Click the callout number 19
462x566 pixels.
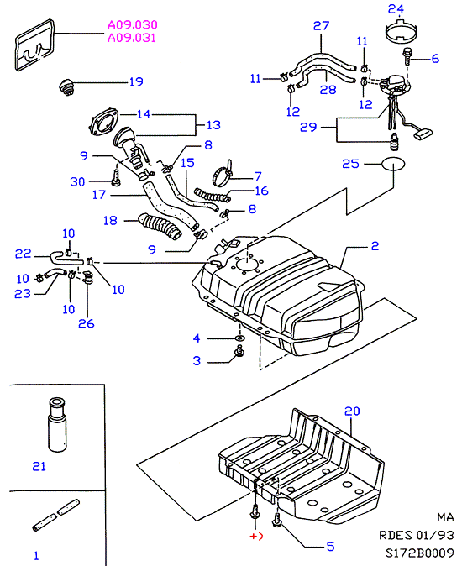pos(136,82)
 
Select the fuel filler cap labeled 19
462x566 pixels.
pos(66,87)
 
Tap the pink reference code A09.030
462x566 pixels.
pos(133,24)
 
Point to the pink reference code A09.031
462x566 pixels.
pos(132,38)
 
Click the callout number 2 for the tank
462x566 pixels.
pos(375,246)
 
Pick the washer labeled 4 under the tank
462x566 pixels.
pos(239,338)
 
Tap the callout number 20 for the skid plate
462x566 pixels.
pos(352,411)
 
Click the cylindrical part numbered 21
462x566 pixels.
pos(57,425)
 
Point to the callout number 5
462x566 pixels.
pos(330,547)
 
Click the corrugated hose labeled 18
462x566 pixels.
pos(160,227)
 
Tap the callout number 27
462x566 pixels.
pos(321,26)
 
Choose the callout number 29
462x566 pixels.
pos(308,127)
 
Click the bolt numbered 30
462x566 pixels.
pos(116,178)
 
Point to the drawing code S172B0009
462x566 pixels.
pos(420,553)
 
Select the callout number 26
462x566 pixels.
pos(87,323)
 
